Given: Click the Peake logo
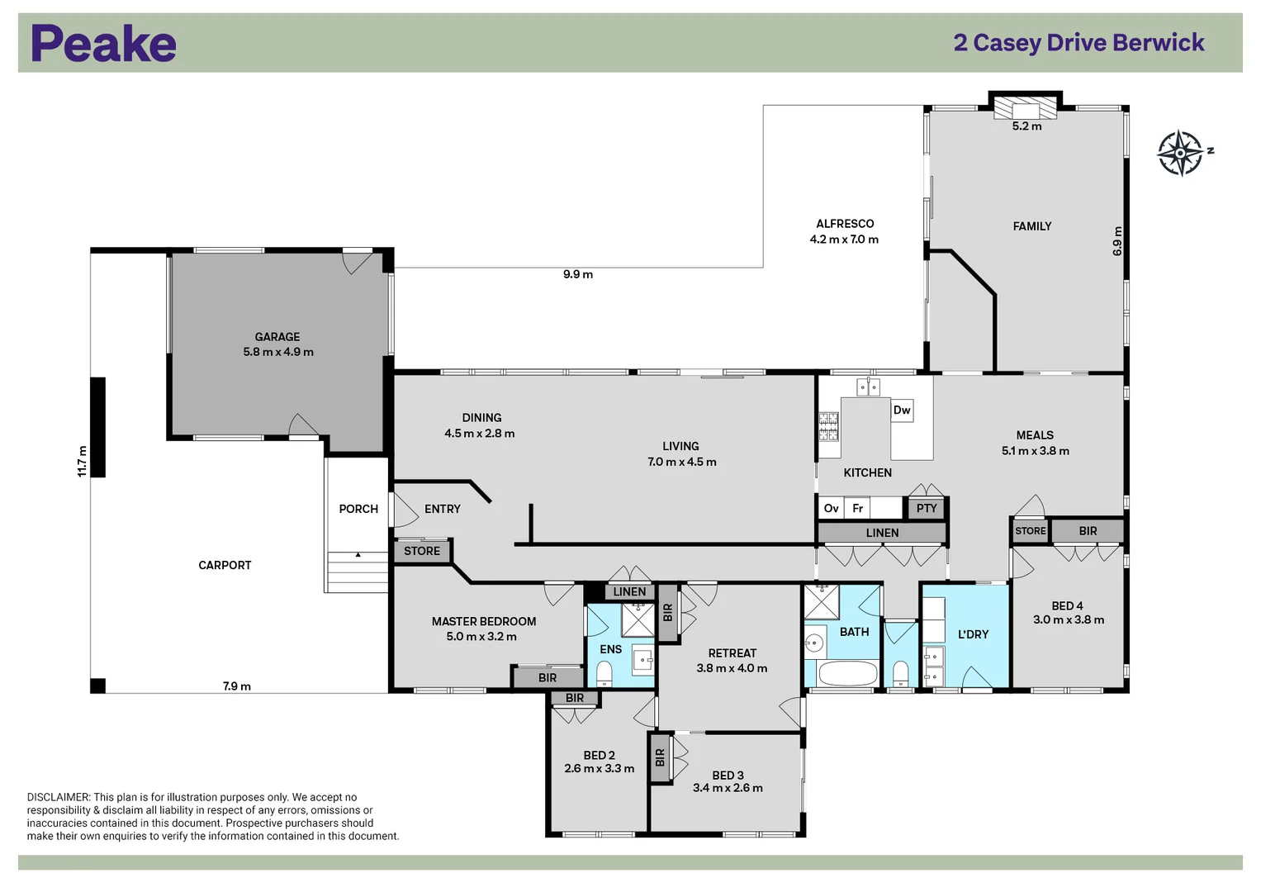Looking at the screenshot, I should coord(103,44).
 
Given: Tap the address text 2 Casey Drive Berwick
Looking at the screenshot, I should coord(1078,43).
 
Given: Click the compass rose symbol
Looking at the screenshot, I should coord(1180,153).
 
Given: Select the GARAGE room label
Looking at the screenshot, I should coord(277,337).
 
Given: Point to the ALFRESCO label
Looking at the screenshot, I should coord(845,224).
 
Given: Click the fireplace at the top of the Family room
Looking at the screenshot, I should coord(1026,110).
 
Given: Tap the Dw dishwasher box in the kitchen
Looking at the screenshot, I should coord(902,410).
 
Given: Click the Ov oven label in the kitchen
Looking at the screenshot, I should coord(831,509).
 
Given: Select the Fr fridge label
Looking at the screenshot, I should coord(857,509).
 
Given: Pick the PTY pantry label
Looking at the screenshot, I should coord(927,509).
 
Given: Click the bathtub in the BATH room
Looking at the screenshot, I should coord(847,673).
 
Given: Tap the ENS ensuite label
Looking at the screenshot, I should coord(611,650).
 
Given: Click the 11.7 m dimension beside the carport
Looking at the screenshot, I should coord(82,461).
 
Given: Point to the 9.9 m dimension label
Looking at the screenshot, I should coord(578,274).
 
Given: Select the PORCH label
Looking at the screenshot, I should coord(358,510).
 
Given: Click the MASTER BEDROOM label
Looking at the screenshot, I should coord(484,622).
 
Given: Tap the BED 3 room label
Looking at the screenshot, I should coord(728,776).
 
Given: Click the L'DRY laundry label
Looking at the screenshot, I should coord(973,634).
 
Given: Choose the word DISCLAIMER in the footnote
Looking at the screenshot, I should coord(59,798).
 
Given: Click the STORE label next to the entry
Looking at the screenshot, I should coord(422,551).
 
